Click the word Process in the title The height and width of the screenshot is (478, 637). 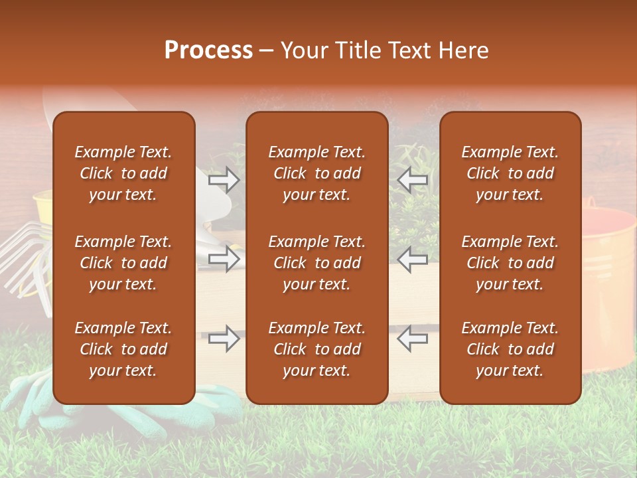point(208,50)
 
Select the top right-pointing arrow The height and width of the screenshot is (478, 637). point(224,180)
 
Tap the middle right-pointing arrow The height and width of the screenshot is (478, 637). point(224,259)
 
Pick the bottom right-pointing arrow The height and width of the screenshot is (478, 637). point(224,339)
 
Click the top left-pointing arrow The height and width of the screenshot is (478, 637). point(412,180)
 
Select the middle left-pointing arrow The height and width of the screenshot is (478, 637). point(412,259)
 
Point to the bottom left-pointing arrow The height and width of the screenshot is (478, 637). point(412,339)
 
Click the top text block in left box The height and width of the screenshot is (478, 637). point(123,173)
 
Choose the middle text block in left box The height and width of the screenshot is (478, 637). point(123,263)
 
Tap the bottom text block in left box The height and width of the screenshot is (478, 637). point(123,349)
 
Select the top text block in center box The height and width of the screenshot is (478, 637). point(317,173)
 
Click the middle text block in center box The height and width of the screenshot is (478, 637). point(317,263)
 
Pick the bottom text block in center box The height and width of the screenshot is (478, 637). point(317,349)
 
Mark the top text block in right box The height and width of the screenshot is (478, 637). point(510,173)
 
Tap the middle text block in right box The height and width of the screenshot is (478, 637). point(510,263)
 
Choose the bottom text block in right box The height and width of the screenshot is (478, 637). point(510,349)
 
